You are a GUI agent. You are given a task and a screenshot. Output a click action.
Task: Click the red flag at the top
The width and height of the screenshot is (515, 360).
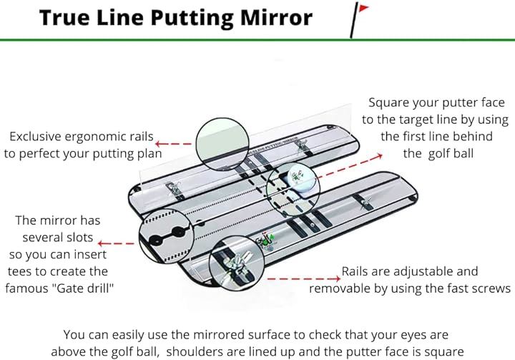pos(361,9)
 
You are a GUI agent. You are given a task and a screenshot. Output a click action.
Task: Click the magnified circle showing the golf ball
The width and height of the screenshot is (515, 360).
pos(292,181)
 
